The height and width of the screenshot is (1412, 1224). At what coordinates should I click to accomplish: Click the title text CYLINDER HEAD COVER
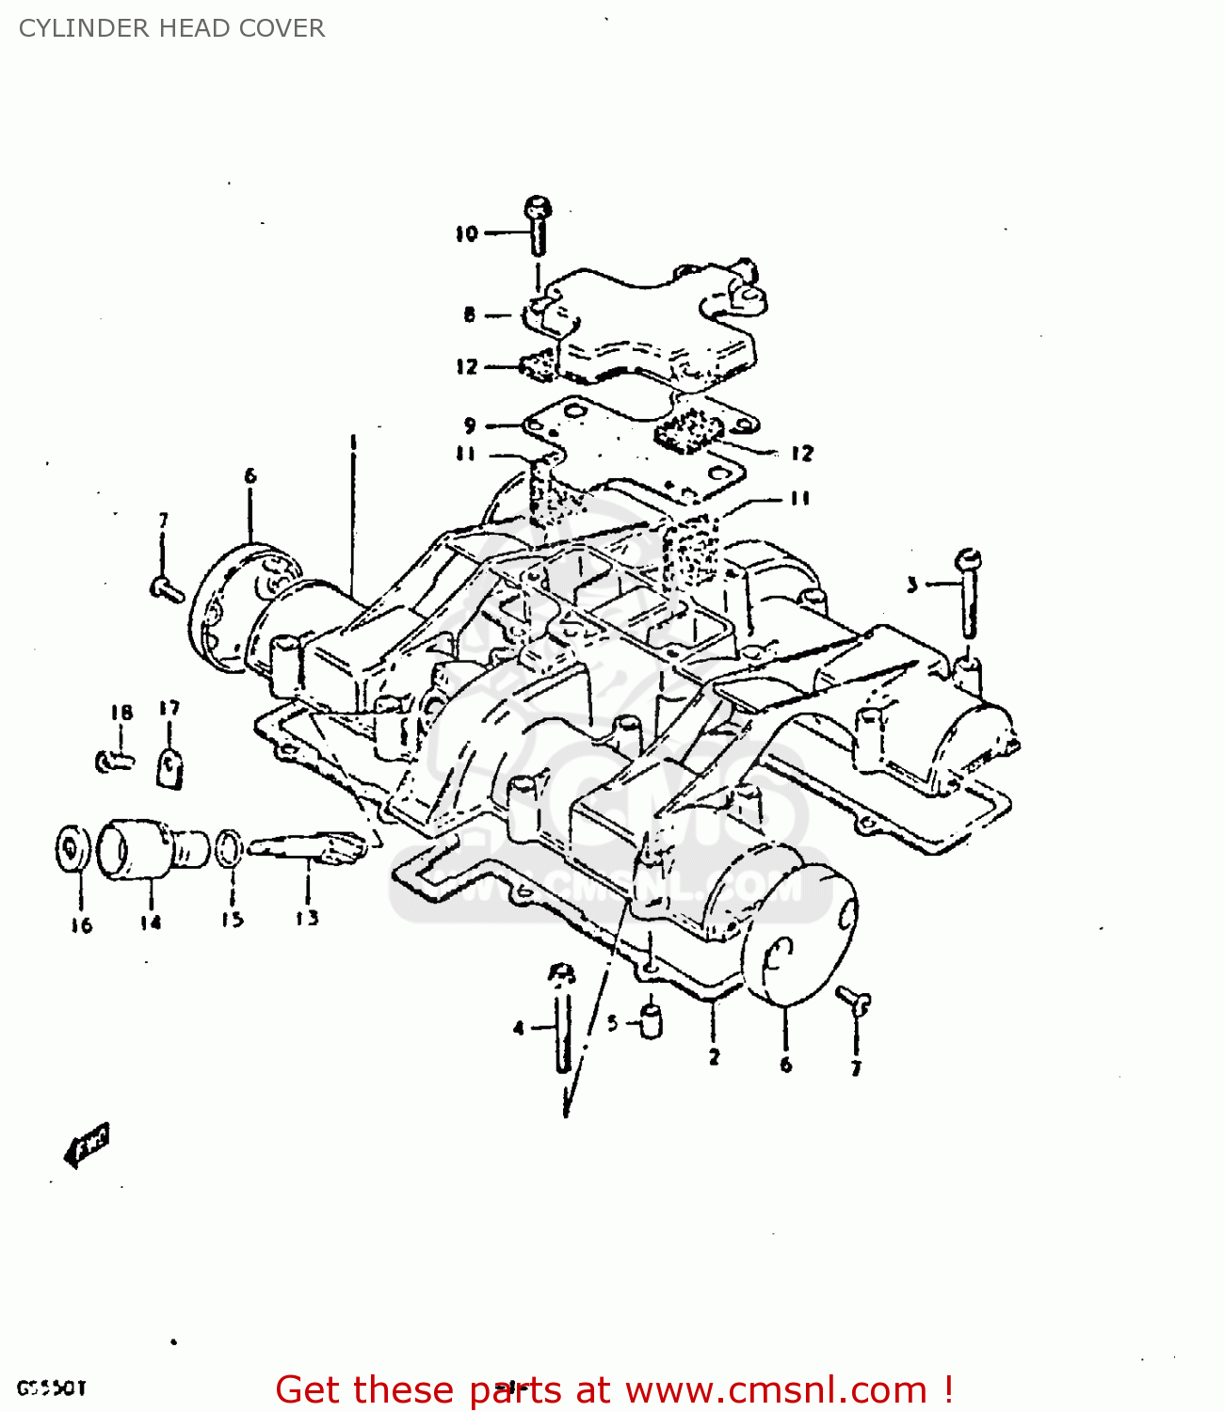[x=171, y=28]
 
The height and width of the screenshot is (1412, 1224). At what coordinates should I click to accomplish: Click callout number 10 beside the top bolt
[x=467, y=233]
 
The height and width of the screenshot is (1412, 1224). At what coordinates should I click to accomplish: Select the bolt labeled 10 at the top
[x=538, y=225]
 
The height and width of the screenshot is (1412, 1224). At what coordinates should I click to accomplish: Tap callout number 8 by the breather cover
[x=470, y=314]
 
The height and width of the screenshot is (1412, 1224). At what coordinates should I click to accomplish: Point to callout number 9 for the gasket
[x=470, y=425]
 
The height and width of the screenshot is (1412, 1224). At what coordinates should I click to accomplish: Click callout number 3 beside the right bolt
[x=911, y=585]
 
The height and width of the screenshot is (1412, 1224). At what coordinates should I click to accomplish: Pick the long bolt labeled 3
[x=968, y=593]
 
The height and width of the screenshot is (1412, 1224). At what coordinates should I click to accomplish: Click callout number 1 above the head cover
[x=354, y=441]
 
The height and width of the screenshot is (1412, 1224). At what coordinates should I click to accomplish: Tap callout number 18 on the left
[x=121, y=713]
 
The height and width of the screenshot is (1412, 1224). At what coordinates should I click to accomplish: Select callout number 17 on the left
[x=169, y=708]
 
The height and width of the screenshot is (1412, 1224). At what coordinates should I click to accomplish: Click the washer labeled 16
[x=73, y=850]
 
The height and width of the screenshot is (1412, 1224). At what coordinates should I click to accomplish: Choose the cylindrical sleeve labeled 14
[x=151, y=848]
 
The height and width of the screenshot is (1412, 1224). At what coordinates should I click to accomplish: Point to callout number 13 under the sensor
[x=307, y=918]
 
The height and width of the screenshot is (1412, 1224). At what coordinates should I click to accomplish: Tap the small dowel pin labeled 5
[x=650, y=1021]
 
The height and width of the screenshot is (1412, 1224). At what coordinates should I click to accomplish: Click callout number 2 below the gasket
[x=714, y=1056]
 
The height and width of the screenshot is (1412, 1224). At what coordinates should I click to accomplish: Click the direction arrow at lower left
[x=87, y=1144]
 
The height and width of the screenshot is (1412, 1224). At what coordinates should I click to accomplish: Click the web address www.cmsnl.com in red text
[x=777, y=1390]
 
